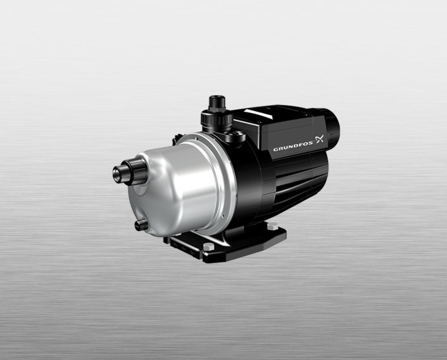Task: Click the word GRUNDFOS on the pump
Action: (x=293, y=148)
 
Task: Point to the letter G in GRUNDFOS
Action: (x=275, y=149)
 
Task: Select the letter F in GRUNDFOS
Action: (x=300, y=147)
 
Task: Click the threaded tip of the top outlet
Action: (x=217, y=101)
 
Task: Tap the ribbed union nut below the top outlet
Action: (x=217, y=118)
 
